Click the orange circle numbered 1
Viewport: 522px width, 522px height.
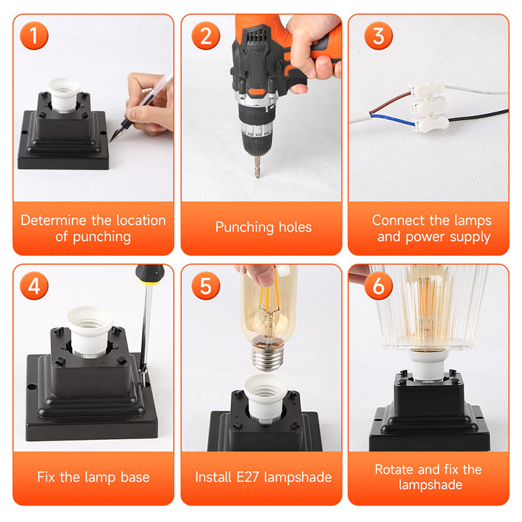[x=34, y=36]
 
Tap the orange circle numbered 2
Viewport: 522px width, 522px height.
[x=206, y=36]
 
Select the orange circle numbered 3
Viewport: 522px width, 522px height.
[x=378, y=36]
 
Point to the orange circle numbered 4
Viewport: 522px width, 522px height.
[x=34, y=286]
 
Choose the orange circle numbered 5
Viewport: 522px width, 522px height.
[x=206, y=286]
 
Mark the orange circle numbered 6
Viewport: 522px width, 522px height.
[x=378, y=286]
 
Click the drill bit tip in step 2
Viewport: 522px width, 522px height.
[x=257, y=176]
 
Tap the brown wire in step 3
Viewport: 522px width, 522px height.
[x=390, y=103]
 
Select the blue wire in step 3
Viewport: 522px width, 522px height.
[x=393, y=120]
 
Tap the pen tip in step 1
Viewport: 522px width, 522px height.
[x=111, y=140]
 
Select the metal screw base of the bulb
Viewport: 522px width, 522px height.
[x=268, y=356]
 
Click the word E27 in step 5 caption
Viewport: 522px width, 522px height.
[x=248, y=477]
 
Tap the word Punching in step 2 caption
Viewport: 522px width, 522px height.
[x=245, y=227]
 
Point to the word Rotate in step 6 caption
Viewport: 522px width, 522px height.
[x=395, y=469]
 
